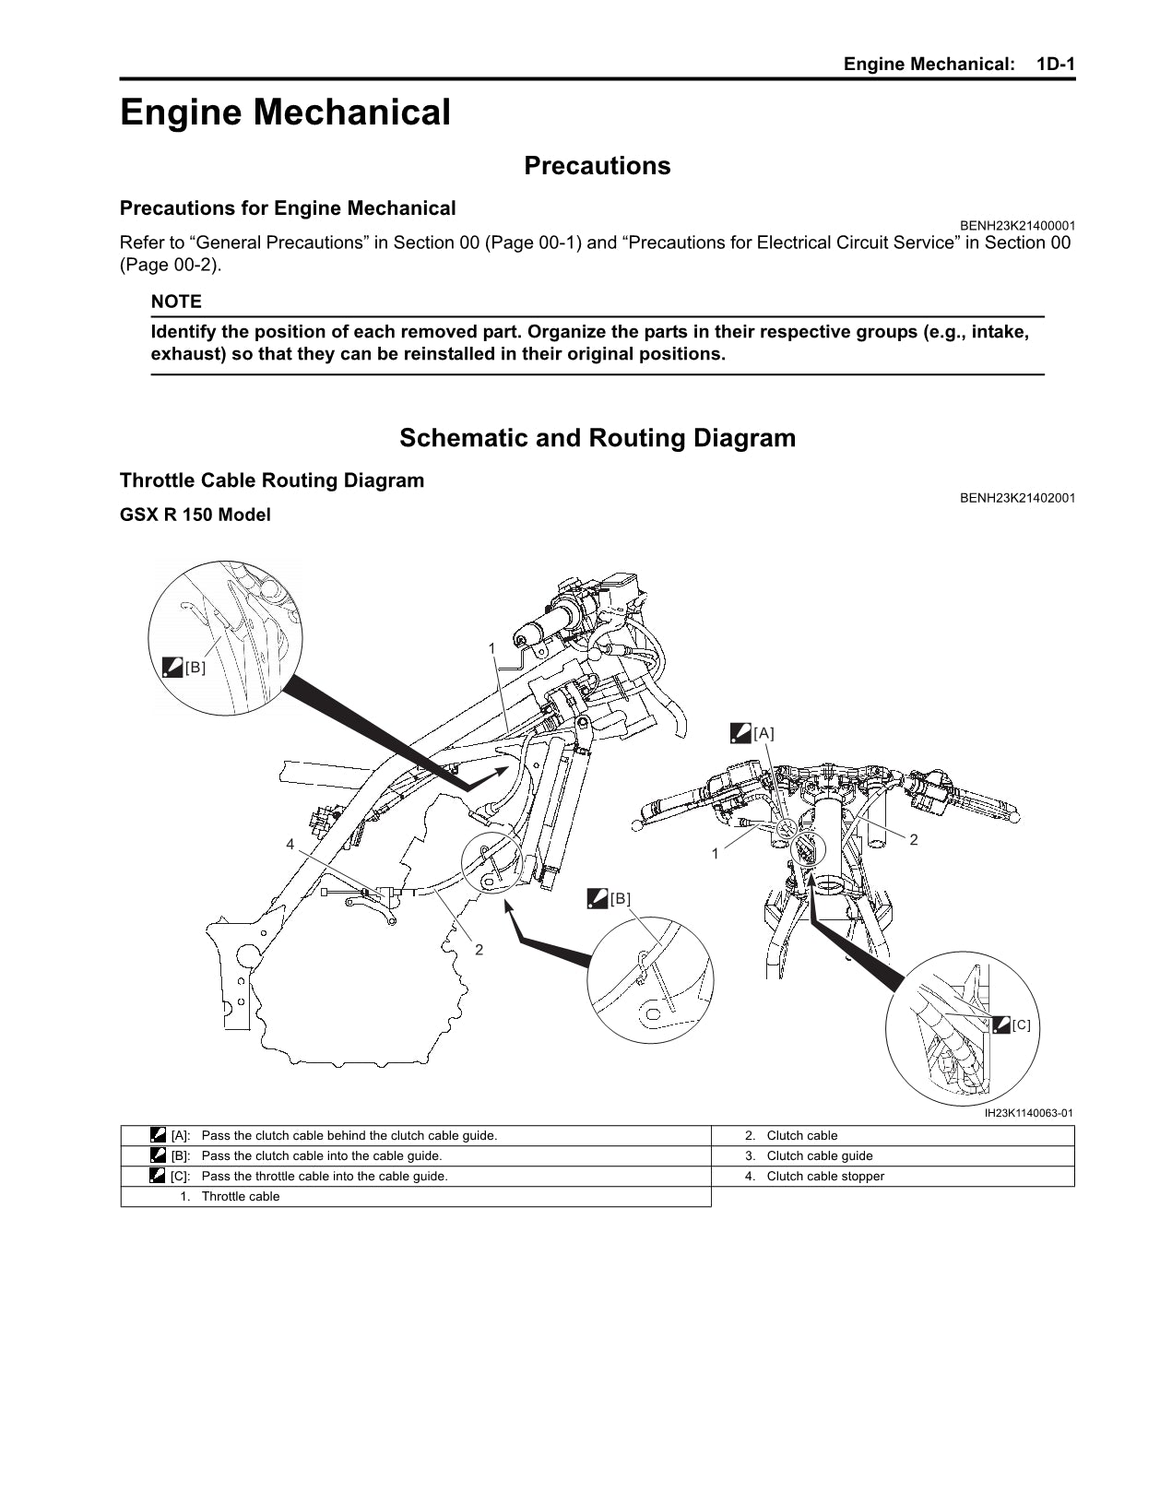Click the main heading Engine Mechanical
pos(285,113)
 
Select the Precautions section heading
pos(597,166)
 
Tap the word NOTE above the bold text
pos(176,302)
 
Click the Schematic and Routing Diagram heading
pos(597,438)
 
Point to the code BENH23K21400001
pos(1017,226)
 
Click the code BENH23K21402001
pos(1017,498)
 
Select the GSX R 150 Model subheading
pos(195,515)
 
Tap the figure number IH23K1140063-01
pos(1028,1113)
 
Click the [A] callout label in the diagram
pos(763,733)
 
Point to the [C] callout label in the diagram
pos(1020,1024)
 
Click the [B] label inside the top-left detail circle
pos(195,667)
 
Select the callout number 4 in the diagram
pos(290,844)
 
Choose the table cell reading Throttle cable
pos(240,1196)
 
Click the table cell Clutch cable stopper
pos(825,1176)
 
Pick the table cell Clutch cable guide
pos(819,1155)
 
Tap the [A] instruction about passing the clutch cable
pos(349,1135)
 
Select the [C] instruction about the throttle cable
pos(324,1176)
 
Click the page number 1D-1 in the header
pos(1055,64)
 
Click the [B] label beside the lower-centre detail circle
pos(620,898)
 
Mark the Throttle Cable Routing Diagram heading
pos(272,480)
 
